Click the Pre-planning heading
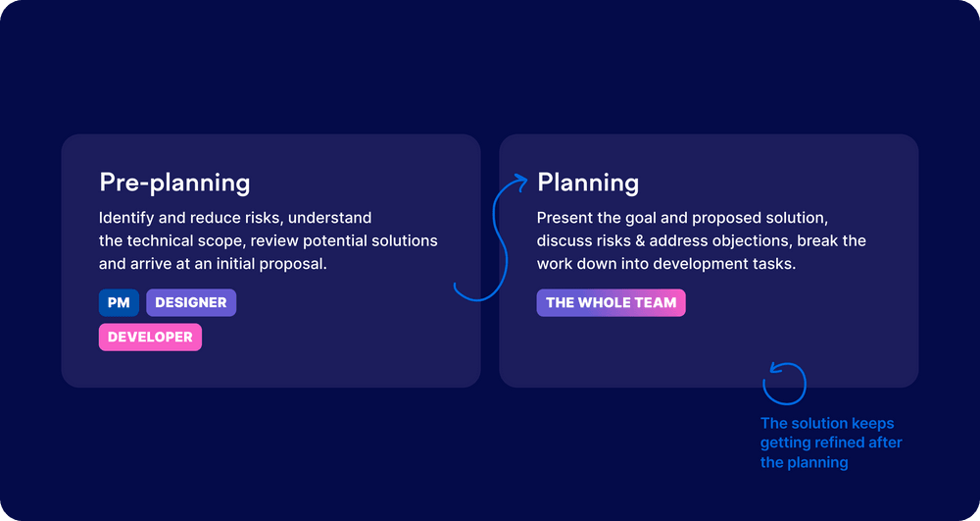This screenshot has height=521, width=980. coord(174,182)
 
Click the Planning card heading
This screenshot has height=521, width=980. coord(588,182)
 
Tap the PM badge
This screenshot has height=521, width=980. coord(119,303)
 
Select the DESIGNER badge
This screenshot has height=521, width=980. coord(191,303)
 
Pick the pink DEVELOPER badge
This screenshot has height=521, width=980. coord(150,338)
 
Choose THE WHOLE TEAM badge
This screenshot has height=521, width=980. coord(611,303)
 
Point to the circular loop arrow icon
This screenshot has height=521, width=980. coord(785,384)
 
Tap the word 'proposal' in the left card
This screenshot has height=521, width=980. coord(292,264)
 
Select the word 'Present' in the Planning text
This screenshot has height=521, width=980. coord(563,218)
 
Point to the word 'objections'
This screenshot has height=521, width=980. coord(756,241)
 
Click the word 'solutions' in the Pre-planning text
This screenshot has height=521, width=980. coord(405,241)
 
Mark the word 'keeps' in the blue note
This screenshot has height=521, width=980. coord(872,424)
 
